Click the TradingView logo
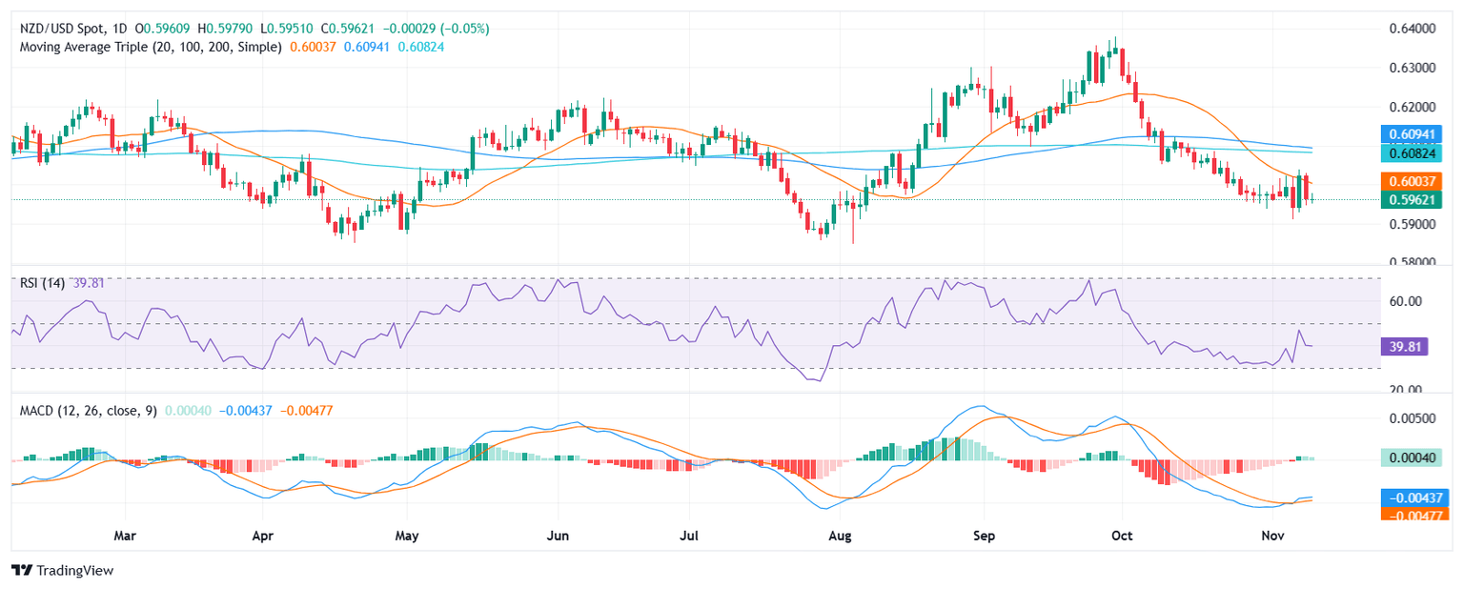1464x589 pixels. pyautogui.click(x=62, y=570)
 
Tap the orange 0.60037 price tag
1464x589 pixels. pyautogui.click(x=1413, y=179)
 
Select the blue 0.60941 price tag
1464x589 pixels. pyautogui.click(x=1413, y=133)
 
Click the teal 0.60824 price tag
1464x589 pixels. pyautogui.click(x=1413, y=152)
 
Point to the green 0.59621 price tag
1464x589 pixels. pyautogui.click(x=1413, y=199)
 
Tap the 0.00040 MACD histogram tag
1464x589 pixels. pyautogui.click(x=1413, y=457)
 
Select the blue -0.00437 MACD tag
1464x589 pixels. pyautogui.click(x=1413, y=497)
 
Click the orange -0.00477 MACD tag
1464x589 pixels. pyautogui.click(x=1413, y=514)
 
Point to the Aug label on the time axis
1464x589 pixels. pyautogui.click(x=840, y=537)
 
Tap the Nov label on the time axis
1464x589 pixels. pyautogui.click(x=1273, y=537)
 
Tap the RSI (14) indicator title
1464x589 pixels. pyautogui.click(x=43, y=282)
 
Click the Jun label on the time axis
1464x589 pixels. pyautogui.click(x=558, y=537)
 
